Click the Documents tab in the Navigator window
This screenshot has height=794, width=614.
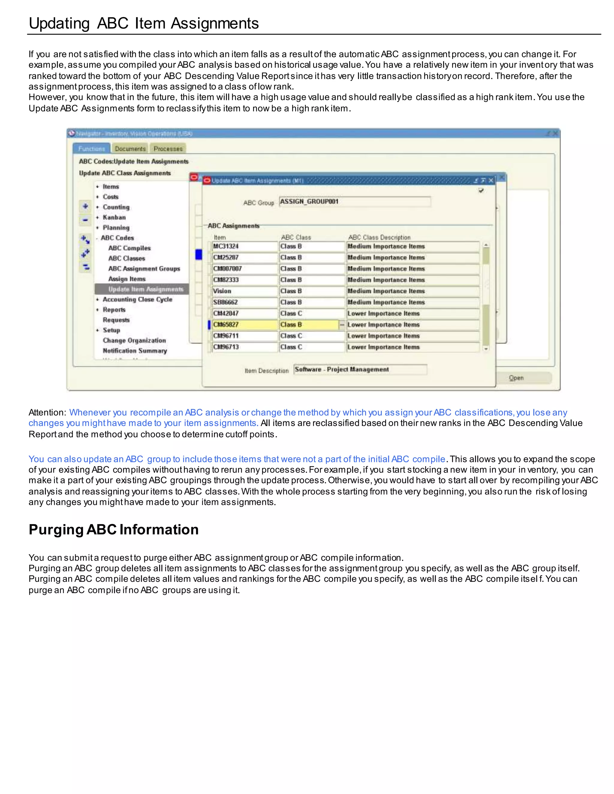(130, 149)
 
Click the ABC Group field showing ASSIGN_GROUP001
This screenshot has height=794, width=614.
(354, 202)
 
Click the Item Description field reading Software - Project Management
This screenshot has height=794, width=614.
(360, 370)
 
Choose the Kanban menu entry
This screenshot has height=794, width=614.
(114, 218)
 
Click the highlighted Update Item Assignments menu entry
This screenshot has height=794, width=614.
(145, 289)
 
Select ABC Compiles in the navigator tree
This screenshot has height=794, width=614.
(129, 248)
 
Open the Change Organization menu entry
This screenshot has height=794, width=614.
(134, 341)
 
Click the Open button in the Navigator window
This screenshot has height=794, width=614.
(516, 378)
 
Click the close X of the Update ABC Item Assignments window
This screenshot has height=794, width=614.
(491, 180)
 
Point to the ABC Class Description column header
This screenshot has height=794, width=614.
(379, 237)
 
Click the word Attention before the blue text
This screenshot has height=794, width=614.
(46, 413)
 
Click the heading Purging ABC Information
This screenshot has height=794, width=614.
(114, 530)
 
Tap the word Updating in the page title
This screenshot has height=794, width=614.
(59, 23)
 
